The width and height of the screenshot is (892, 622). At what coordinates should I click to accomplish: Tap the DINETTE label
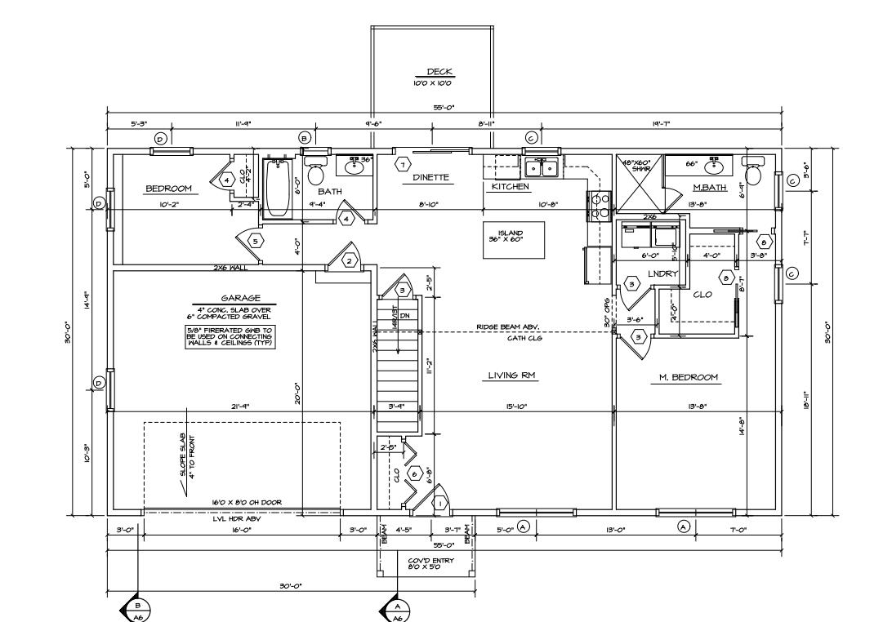430,176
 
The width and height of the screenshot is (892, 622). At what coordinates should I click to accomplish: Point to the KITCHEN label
510,187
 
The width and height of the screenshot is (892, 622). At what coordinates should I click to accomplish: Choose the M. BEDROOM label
689,377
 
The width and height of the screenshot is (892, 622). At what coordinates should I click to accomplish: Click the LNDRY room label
663,273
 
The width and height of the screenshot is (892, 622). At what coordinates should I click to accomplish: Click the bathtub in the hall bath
278,189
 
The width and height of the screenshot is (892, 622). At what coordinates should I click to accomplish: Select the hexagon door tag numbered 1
439,504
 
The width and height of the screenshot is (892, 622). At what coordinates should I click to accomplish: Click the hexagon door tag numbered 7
402,165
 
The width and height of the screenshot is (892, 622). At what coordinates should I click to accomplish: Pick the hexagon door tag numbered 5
256,241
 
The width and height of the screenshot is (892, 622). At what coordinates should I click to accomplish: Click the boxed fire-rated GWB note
230,337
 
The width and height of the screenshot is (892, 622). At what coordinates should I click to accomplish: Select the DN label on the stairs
404,317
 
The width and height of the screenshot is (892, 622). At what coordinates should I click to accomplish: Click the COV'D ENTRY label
425,563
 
